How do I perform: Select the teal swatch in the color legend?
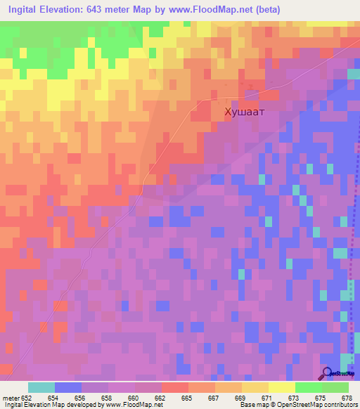pos(41,387)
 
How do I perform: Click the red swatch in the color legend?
pos(174,387)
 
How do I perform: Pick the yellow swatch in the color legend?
pos(255,387)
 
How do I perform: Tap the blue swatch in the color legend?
pos(67,387)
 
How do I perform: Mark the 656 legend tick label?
pos(80,398)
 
